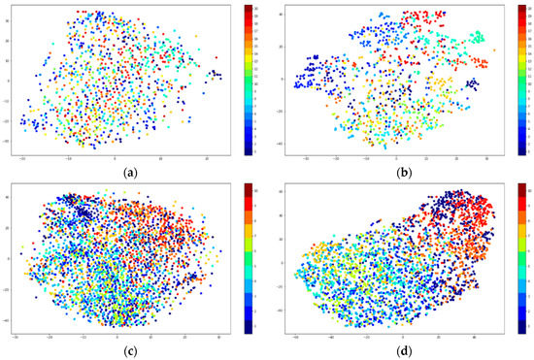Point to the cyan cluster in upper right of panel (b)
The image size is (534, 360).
477,38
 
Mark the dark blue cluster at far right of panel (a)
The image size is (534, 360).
217,73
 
